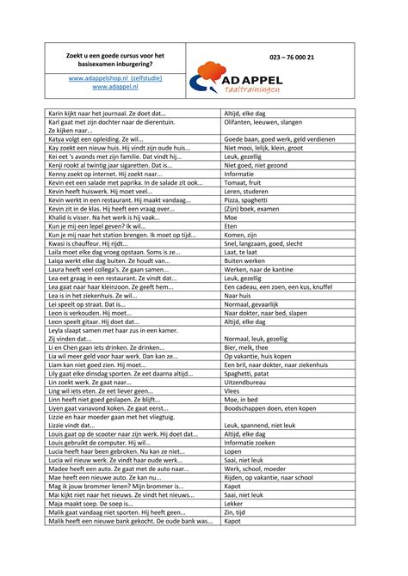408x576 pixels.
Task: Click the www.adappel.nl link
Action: pos(115,87)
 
